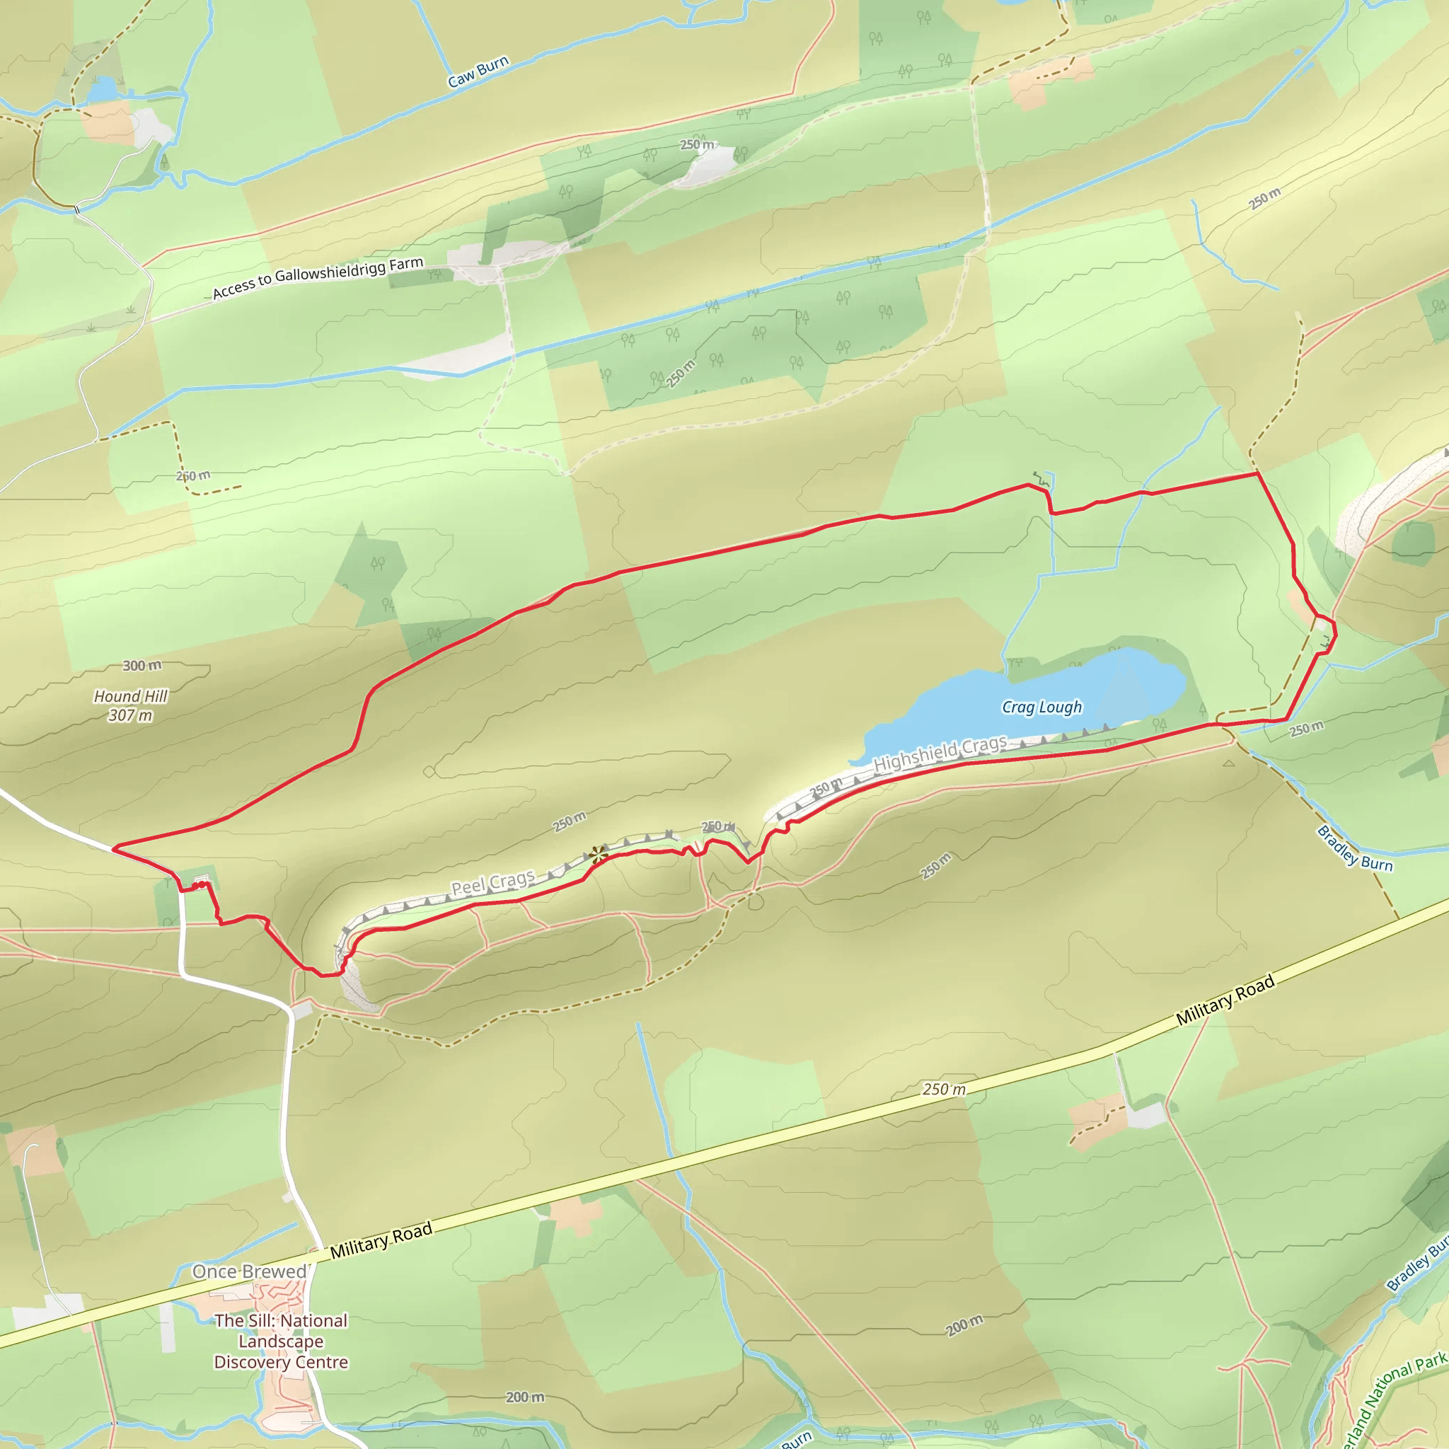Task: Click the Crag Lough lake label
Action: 1041,708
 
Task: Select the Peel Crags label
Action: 492,883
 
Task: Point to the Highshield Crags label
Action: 940,754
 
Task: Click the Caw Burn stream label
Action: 478,71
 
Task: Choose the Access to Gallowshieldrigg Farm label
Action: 317,277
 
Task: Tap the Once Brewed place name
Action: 250,1271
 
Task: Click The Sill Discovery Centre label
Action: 282,1341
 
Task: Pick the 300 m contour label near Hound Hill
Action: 142,665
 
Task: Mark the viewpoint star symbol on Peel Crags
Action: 598,854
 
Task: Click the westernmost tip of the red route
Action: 113,849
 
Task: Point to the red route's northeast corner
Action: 1257,474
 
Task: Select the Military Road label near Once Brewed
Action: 381,1240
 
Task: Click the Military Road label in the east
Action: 1225,1000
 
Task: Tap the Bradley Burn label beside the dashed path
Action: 1354,848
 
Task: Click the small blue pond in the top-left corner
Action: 102,90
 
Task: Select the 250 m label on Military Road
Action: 945,1089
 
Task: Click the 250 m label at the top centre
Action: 698,145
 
